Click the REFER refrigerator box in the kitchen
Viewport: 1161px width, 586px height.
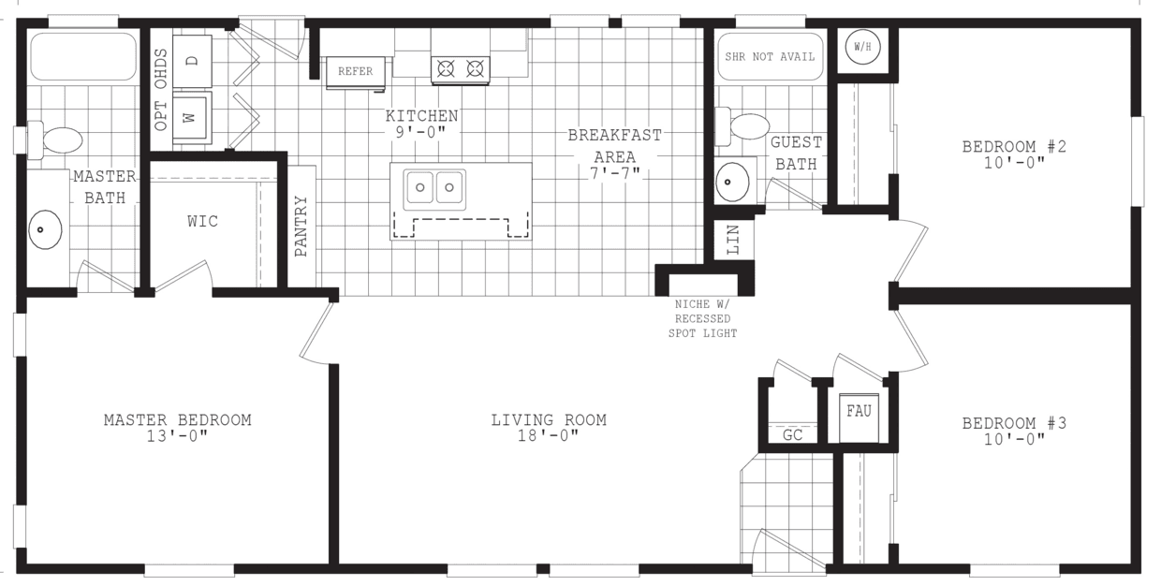coord(355,72)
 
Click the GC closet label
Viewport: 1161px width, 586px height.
coord(792,435)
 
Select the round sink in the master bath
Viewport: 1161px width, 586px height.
coord(45,229)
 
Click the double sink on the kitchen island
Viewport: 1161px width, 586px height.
coord(434,188)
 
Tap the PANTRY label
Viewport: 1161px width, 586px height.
coord(301,226)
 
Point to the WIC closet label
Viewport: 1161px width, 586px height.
coord(202,222)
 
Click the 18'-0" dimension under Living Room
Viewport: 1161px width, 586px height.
coord(549,436)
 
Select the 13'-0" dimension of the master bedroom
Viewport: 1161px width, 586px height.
coord(177,436)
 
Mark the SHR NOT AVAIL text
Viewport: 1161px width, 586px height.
coord(770,56)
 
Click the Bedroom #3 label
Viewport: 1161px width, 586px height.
coord(1014,423)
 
